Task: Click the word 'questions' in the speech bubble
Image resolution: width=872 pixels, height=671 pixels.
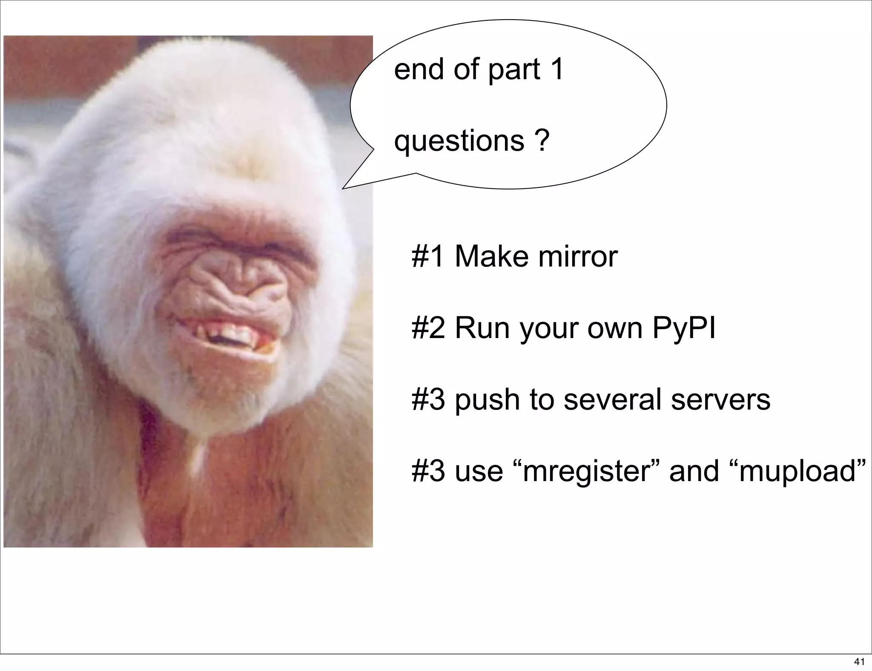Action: [x=459, y=142]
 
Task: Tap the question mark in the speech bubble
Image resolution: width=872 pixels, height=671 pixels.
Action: [x=542, y=141]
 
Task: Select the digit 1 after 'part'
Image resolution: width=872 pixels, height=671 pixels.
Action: [x=557, y=69]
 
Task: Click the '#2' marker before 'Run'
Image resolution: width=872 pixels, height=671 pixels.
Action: [x=428, y=328]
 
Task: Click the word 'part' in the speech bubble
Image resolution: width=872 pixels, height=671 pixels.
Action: [x=514, y=70]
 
